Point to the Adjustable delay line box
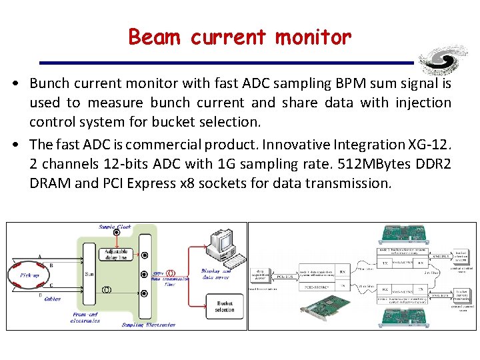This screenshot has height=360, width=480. pos(118,255)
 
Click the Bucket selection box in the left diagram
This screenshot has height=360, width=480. pos(225,307)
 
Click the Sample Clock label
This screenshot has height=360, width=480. pos(115,227)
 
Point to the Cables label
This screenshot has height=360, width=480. pos(53,299)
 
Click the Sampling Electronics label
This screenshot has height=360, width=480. pos(149,325)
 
